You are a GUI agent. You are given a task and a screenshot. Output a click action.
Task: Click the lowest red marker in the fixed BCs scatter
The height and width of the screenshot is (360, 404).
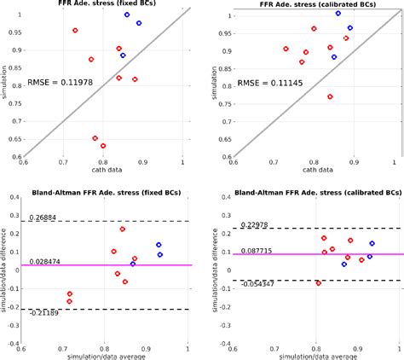coord(103,146)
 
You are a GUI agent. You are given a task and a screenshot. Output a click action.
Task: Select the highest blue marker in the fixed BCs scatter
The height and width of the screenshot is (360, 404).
coord(127,15)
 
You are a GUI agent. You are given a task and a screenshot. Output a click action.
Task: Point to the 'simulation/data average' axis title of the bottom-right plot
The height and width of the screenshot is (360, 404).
coord(314,355)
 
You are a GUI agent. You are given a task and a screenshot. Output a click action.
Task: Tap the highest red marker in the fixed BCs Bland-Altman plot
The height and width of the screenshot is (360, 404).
coord(123,229)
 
